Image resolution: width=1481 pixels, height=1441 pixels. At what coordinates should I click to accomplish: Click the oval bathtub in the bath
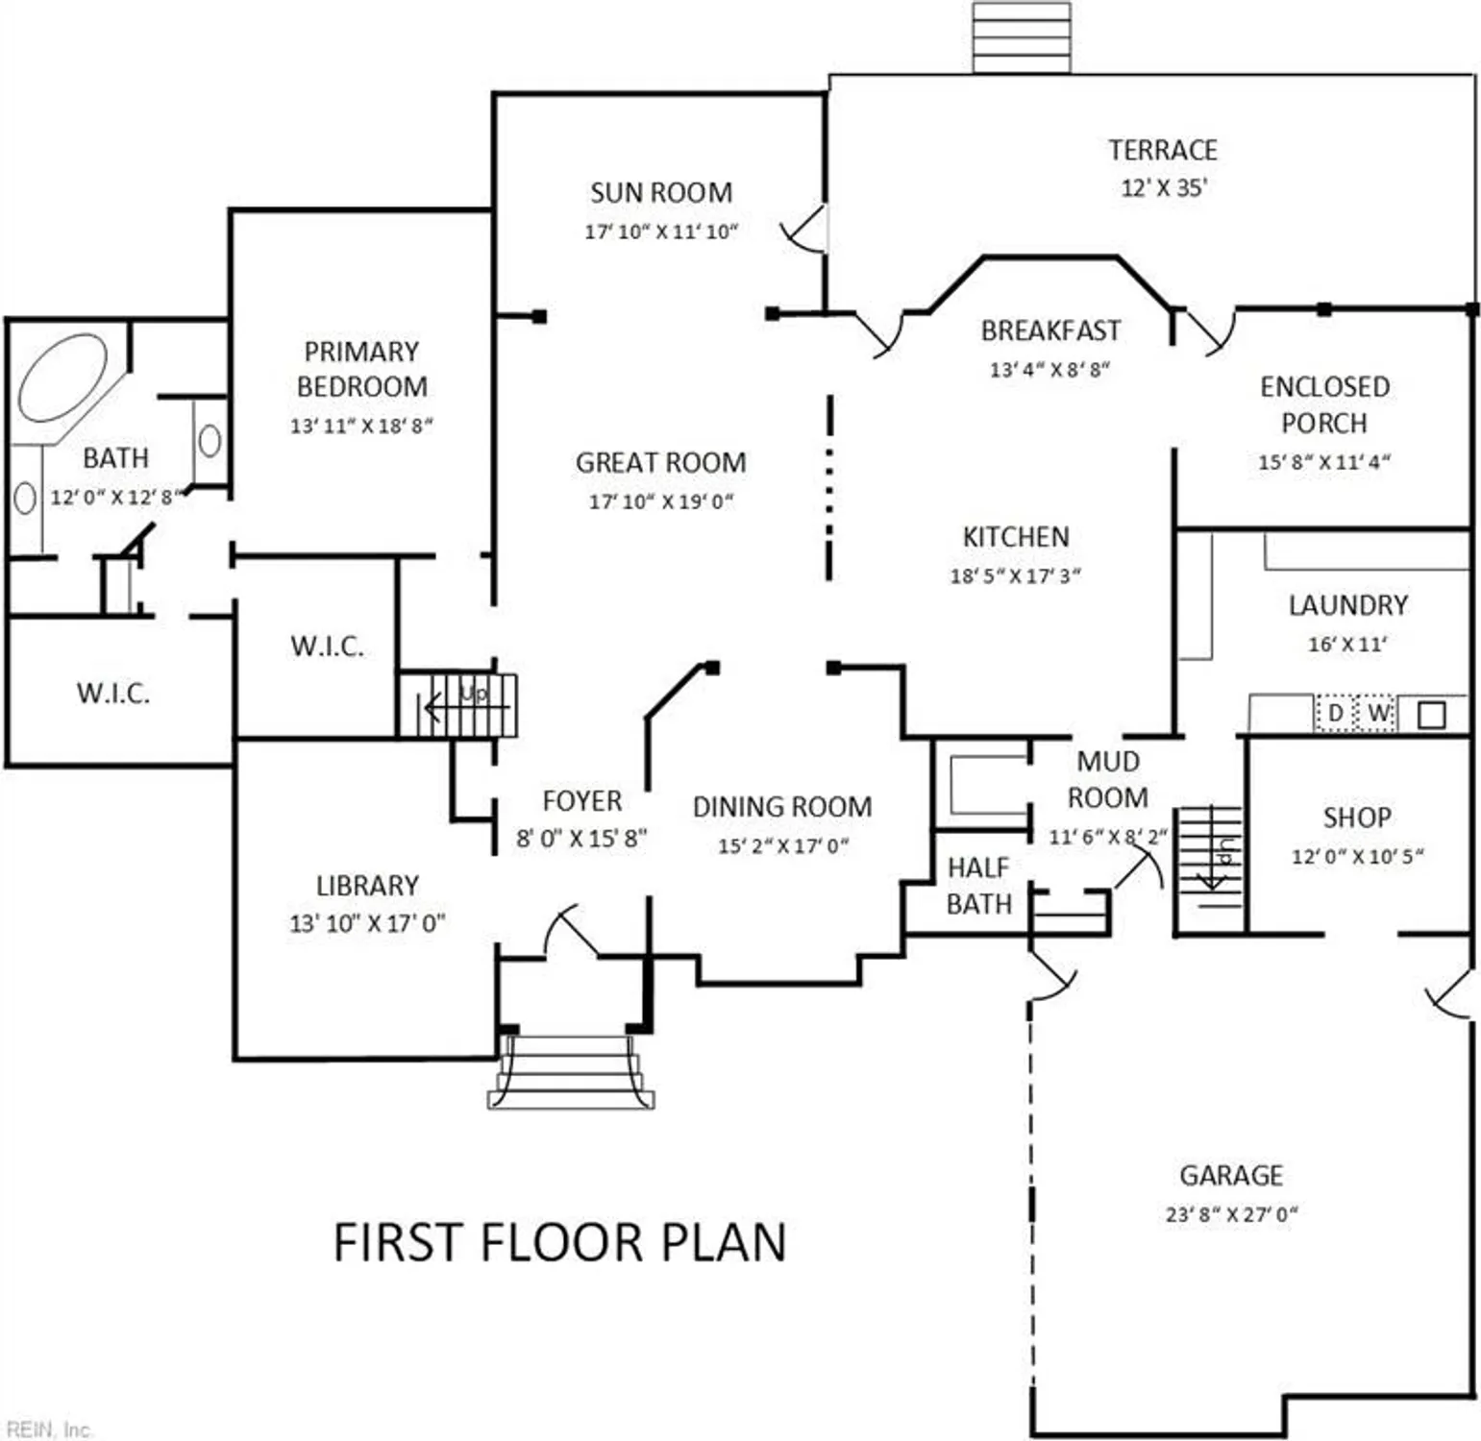point(62,378)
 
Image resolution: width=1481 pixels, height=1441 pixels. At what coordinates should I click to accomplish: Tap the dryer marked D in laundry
point(1335,713)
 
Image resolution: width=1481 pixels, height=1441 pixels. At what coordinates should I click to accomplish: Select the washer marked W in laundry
point(1377,713)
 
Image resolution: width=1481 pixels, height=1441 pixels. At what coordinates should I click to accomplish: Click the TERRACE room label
point(1162,150)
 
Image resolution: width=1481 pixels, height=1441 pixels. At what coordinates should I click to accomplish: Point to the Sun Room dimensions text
point(661,232)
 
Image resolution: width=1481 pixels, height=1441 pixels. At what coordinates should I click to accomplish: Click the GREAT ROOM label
point(660,462)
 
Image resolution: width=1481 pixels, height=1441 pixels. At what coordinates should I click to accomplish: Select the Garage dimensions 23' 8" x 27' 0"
point(1231,1214)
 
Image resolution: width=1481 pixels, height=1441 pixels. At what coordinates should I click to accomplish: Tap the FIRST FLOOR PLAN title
point(559,1241)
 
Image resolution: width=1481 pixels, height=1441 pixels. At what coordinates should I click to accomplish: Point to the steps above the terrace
point(1021,37)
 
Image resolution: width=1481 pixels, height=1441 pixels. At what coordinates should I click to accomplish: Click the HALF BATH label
point(978,886)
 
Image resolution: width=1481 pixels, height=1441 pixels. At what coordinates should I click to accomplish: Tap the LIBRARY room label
point(367,885)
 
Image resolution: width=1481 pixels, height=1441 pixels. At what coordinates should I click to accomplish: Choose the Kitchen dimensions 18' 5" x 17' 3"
point(1015,575)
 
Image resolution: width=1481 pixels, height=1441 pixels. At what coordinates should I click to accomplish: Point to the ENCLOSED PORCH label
point(1324,404)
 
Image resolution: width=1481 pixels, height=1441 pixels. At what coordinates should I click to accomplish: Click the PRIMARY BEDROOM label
point(361,369)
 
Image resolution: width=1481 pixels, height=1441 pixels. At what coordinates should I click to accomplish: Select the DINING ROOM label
point(782,807)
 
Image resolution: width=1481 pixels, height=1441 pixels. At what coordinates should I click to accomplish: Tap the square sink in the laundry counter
point(1431,715)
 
